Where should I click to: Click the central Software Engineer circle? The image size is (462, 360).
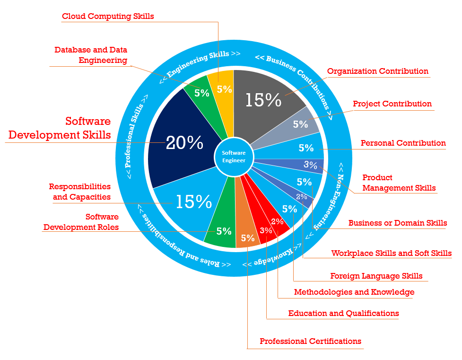click(x=234, y=157)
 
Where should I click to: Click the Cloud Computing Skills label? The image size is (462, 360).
click(x=108, y=16)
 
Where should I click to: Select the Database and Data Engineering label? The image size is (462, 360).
click(x=91, y=55)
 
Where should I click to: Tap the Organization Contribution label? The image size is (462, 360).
click(x=378, y=71)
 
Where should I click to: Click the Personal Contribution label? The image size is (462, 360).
click(x=403, y=143)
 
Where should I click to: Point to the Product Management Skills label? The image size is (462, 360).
click(x=399, y=183)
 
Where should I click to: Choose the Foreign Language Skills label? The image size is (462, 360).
click(x=376, y=276)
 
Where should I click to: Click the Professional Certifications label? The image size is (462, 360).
click(x=310, y=341)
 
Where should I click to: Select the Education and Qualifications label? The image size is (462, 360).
click(x=344, y=313)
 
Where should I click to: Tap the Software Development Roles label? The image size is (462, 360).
click(x=81, y=222)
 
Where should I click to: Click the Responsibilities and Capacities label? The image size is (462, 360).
click(x=80, y=192)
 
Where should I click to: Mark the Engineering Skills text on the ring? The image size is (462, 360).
click(x=198, y=63)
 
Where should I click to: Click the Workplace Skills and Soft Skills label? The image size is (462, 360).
click(x=391, y=253)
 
